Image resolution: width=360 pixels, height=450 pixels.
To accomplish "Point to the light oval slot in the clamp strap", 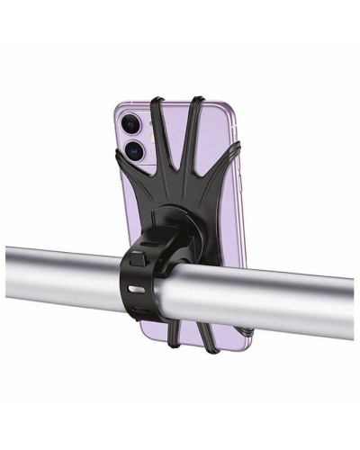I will (136, 291).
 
